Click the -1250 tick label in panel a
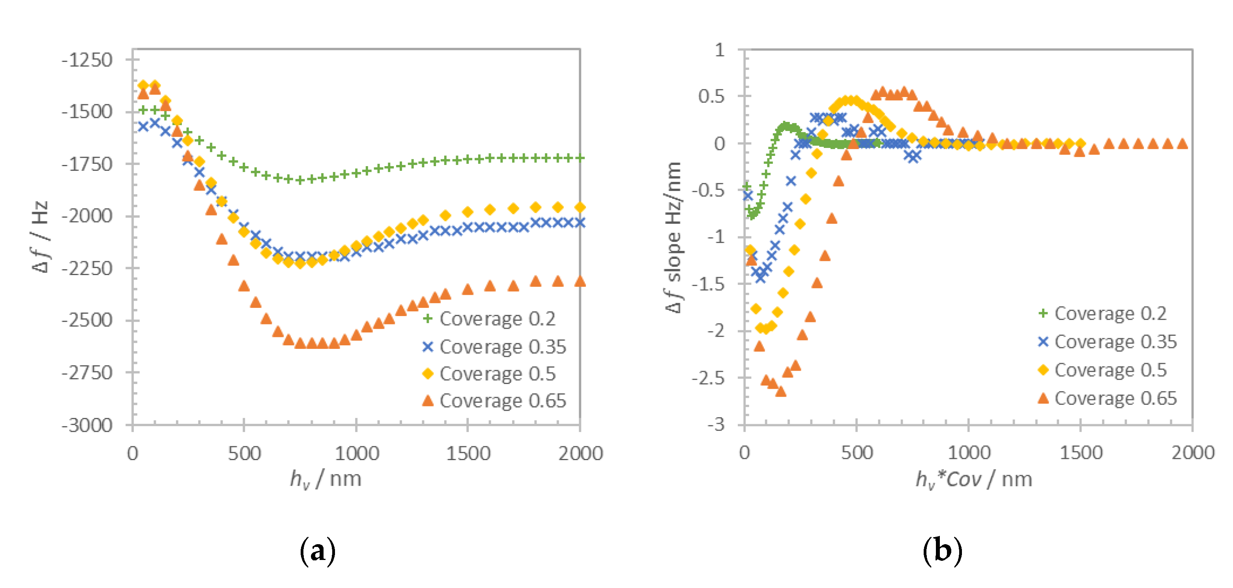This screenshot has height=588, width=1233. tap(87, 60)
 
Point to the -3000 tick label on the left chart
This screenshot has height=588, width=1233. tap(87, 425)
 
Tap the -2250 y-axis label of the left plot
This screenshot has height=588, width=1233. tap(87, 269)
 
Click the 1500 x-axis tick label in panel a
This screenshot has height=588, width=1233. tap(468, 453)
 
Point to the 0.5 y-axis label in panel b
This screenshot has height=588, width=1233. tap(711, 96)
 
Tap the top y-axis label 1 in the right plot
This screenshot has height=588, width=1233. tap(719, 50)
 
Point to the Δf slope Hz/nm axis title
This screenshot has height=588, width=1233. tap(674, 237)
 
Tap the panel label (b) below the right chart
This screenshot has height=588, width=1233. tap(942, 551)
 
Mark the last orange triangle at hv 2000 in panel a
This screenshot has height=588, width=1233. tap(580, 281)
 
